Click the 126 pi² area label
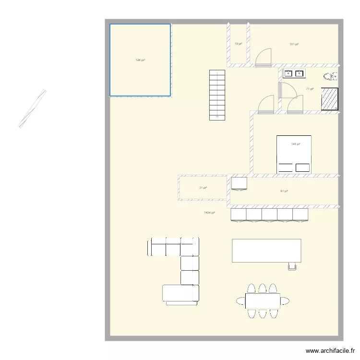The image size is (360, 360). [140, 60]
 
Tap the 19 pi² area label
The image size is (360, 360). [238, 44]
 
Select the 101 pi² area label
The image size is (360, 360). [294, 44]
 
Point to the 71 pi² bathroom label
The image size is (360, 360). [310, 89]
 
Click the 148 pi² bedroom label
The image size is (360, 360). [296, 144]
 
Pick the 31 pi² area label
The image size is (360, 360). [203, 188]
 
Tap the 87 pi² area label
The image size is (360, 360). [284, 191]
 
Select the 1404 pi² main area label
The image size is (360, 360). [209, 212]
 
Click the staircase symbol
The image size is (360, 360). [216, 95]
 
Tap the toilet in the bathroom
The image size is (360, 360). [331, 76]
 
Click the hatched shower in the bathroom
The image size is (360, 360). [330, 99]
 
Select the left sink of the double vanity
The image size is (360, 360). [288, 73]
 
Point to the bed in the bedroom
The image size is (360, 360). [294, 155]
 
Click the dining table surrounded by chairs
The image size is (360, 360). [263, 301]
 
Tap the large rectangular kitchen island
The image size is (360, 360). [266, 251]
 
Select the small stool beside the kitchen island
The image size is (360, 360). [292, 266]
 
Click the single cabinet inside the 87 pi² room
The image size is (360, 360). [239, 183]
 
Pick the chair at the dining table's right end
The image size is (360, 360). [285, 301]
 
